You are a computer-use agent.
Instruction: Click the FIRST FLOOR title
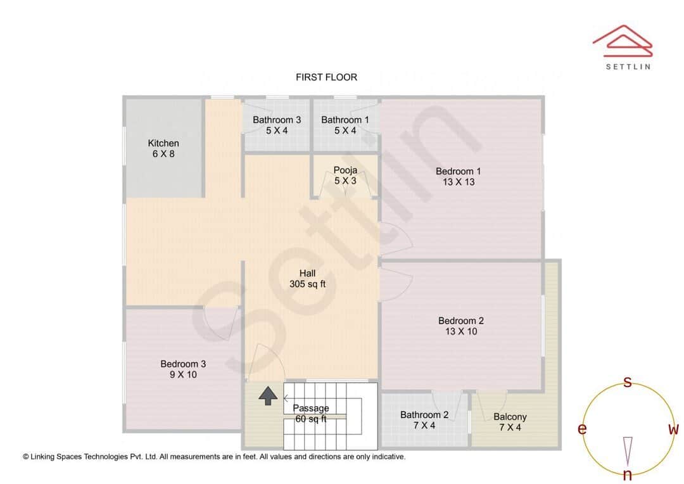click(x=326, y=77)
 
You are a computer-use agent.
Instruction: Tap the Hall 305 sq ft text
click(x=307, y=279)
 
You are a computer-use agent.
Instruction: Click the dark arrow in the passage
click(x=269, y=396)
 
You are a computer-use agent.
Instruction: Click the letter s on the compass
click(x=628, y=382)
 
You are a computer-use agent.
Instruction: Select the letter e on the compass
click(x=582, y=430)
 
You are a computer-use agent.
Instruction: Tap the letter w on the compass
click(x=673, y=430)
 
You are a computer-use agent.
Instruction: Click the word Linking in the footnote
click(x=47, y=456)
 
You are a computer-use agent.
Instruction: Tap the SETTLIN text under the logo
click(x=628, y=66)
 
